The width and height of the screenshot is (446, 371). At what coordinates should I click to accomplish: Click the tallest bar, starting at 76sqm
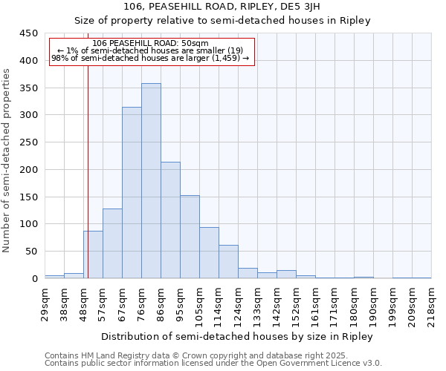[151, 181]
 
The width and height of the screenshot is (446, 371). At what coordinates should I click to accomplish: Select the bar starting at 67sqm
[132, 193]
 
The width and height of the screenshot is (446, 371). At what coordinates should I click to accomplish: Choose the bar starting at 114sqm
[228, 262]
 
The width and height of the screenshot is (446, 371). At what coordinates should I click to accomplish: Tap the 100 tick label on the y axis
[30, 224]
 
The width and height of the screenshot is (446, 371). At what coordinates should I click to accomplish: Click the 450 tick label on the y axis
[30, 33]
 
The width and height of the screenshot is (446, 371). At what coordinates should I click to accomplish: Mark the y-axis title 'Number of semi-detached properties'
[7, 160]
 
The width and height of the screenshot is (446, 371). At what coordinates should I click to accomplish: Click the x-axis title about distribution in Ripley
[237, 336]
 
